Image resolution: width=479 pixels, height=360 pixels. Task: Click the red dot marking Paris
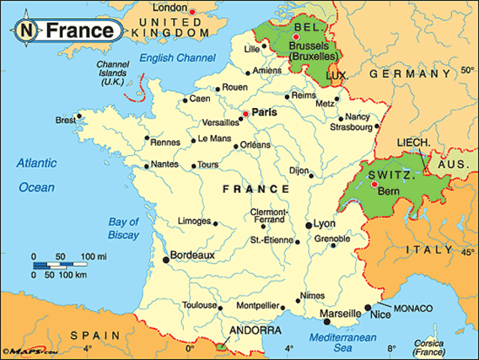pyautogui.click(x=245, y=113)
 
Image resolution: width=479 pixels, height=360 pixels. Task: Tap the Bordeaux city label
pyautogui.click(x=193, y=255)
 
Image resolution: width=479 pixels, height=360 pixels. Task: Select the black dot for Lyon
pyautogui.click(x=308, y=224)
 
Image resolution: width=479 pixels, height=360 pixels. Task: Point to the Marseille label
pyautogui.click(x=341, y=313)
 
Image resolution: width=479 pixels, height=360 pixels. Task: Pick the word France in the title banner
pyautogui.click(x=80, y=31)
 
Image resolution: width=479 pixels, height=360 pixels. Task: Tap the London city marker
pyautogui.click(x=193, y=11)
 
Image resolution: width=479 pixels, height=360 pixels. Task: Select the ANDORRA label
pyautogui.click(x=256, y=330)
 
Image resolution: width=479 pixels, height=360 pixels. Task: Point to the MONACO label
pyautogui.click(x=413, y=308)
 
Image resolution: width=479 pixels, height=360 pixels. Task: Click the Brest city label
pyautogui.click(x=66, y=120)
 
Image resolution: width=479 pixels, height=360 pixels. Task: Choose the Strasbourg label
pyautogui.click(x=351, y=127)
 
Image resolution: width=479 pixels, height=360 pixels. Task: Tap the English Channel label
pyautogui.click(x=178, y=57)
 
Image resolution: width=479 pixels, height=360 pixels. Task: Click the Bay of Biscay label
pyautogui.click(x=124, y=229)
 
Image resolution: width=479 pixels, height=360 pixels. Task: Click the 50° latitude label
pyautogui.click(x=466, y=73)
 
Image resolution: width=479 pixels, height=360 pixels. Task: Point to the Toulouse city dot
pyautogui.click(x=220, y=306)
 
